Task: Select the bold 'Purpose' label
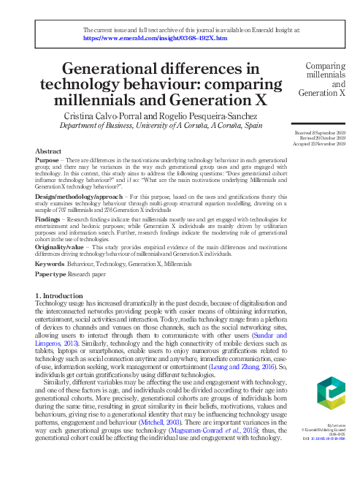pos(47,160)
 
